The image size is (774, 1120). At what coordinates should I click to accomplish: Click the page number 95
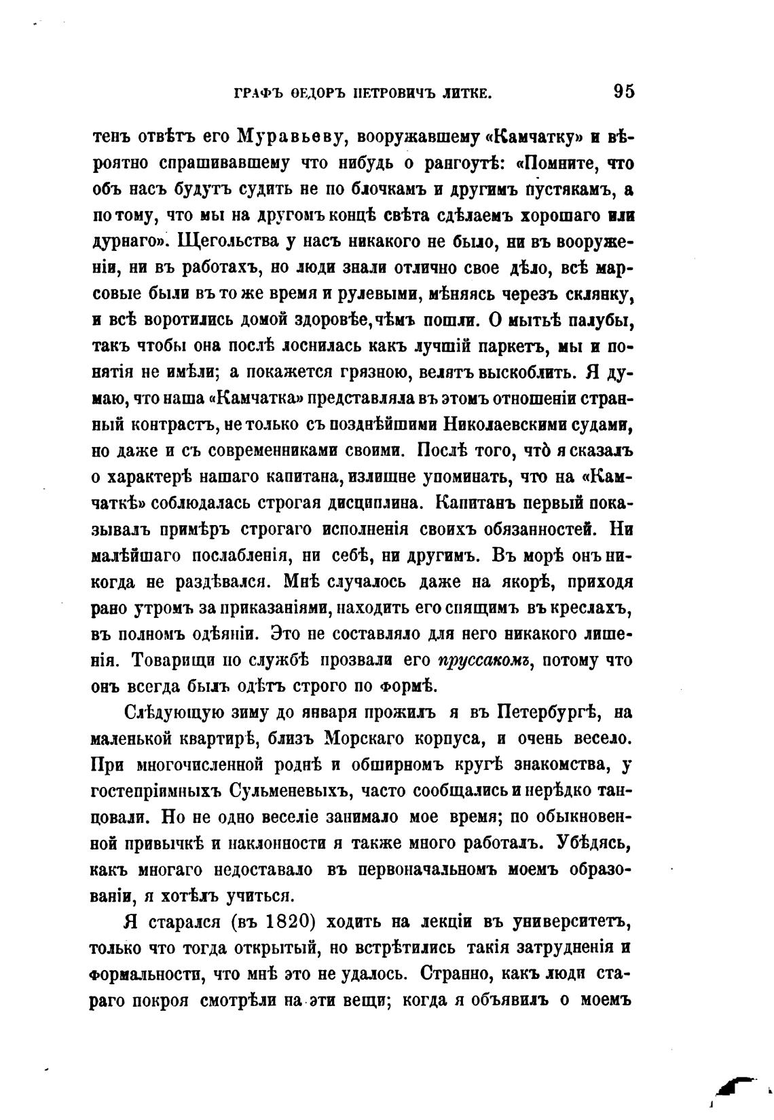coord(623,92)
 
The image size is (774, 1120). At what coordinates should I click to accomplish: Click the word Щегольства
coord(221,241)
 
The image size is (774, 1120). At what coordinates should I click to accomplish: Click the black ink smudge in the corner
coord(737,1088)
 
